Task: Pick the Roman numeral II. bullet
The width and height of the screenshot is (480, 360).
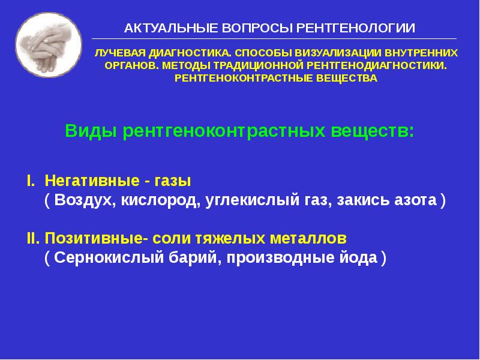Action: point(33,238)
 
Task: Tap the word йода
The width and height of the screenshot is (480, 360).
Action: point(358,258)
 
